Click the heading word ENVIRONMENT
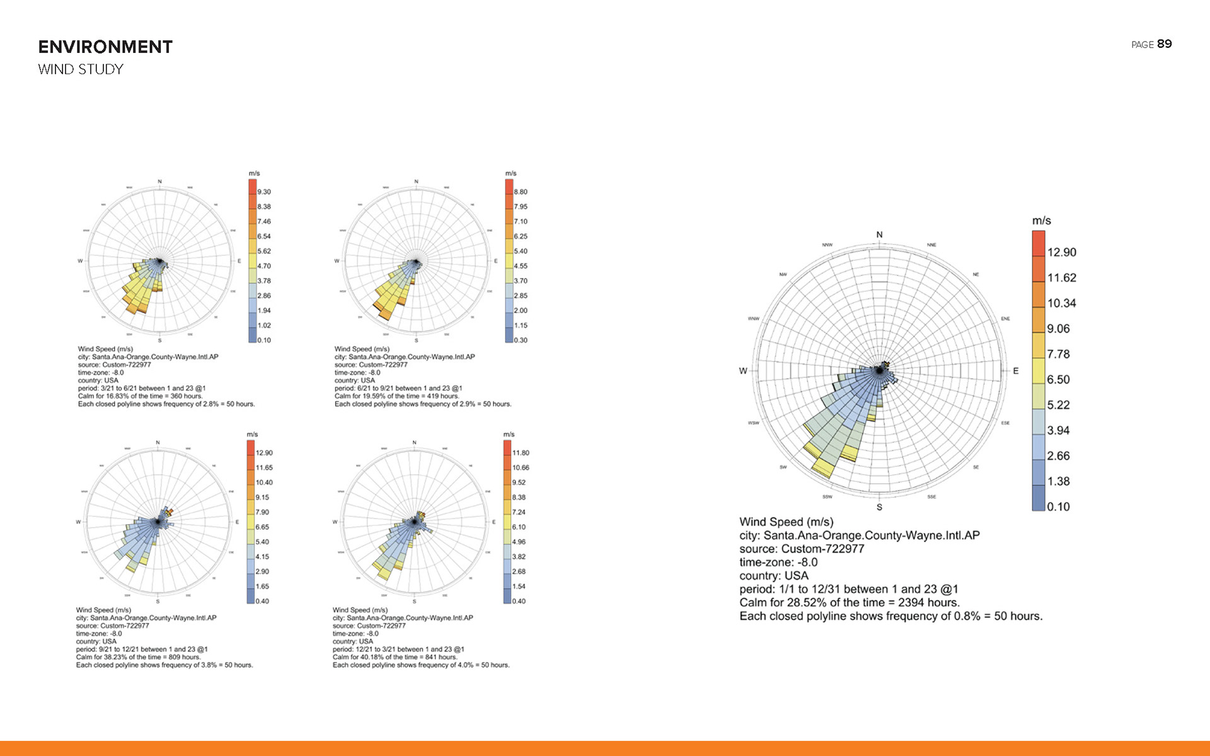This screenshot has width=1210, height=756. pos(105,47)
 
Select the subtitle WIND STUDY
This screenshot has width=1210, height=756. pos(81,69)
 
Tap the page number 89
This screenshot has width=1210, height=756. pos(1164,44)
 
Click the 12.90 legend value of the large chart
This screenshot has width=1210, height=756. pos(1061,253)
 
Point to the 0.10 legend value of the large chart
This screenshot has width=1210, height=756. pos(1058,507)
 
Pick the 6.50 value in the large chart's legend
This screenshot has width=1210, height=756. pos(1058,379)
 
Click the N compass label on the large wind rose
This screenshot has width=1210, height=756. pos(879,235)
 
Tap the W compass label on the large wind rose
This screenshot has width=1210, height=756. pos(743,371)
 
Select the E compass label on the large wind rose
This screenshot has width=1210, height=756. pos(1015,371)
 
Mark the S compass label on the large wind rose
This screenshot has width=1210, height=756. pos(879,507)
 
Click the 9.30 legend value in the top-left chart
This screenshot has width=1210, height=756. pos(264,192)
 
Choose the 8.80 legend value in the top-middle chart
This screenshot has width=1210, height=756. pos(521,192)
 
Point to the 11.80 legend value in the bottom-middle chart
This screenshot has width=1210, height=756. pos(521,453)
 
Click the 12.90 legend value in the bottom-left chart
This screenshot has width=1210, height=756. pos(264,453)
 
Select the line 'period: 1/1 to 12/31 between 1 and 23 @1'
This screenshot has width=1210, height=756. pos(848,589)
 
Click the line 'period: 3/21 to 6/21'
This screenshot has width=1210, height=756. pos(142,388)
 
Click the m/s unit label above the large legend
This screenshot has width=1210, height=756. pos(1041,221)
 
